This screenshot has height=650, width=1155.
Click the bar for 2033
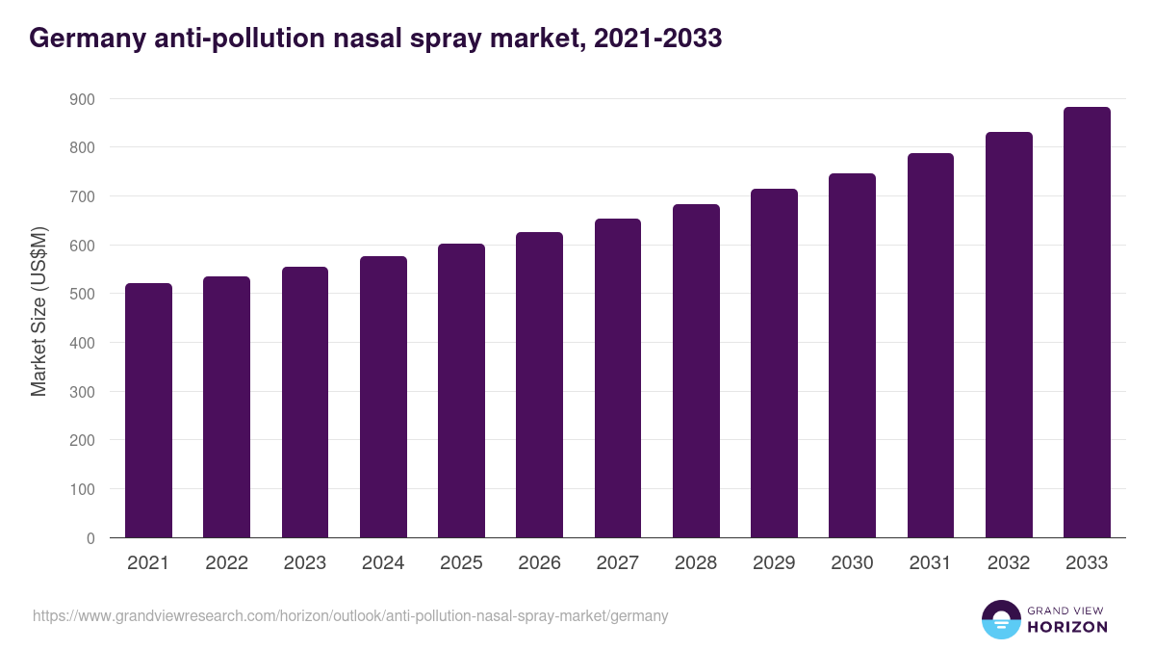(1087, 323)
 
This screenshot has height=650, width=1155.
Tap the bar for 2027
(618, 378)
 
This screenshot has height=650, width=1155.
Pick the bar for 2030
(852, 355)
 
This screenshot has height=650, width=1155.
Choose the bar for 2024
(383, 397)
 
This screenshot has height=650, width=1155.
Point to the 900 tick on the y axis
(82, 99)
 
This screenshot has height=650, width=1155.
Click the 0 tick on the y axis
(90, 538)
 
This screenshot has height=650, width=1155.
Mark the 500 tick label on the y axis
(82, 295)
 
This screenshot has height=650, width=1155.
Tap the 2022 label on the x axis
(226, 563)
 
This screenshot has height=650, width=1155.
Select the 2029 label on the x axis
(774, 563)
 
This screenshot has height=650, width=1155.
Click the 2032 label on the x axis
(1009, 563)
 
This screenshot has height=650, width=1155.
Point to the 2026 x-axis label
(539, 563)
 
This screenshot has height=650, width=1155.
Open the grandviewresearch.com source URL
(350, 615)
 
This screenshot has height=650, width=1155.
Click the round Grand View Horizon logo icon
(1000, 619)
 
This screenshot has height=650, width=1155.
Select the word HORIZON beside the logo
(1068, 627)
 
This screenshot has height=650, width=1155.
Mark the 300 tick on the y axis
(82, 392)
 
